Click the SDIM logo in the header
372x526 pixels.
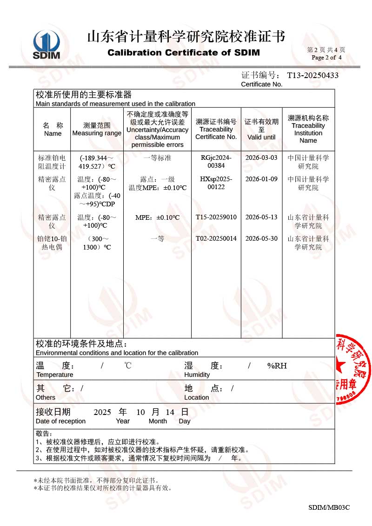(x=46, y=45)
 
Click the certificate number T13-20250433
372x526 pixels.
(x=312, y=75)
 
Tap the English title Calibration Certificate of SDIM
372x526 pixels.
(x=184, y=53)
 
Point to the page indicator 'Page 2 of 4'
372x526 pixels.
(x=326, y=58)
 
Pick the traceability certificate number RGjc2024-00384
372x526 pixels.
(x=216, y=162)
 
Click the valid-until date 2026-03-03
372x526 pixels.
(x=261, y=158)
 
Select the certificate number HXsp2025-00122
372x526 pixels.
(x=216, y=183)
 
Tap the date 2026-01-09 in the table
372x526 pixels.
(x=261, y=179)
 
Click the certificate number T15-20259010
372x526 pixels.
(x=216, y=217)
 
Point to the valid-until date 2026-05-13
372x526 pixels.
(x=261, y=217)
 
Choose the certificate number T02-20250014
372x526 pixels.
(x=216, y=238)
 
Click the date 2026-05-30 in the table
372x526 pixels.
(x=261, y=238)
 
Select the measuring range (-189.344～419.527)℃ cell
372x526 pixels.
(x=97, y=162)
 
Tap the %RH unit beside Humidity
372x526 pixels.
(x=277, y=366)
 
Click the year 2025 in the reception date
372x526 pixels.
(x=102, y=412)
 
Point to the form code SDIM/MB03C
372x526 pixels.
(x=329, y=507)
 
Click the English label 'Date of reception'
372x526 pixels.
(x=60, y=421)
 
